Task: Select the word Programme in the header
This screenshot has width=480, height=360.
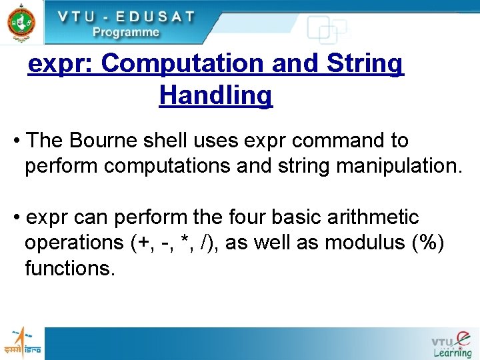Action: (126, 32)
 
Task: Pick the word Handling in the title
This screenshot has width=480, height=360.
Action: (215, 95)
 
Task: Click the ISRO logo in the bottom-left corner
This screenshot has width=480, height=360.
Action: (23, 342)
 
